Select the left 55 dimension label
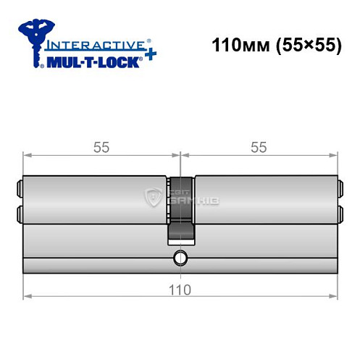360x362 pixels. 101,148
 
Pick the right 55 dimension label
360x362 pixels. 259,148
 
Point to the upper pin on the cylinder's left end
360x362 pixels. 18,193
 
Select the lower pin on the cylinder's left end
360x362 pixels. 18,214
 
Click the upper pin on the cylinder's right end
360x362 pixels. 340,193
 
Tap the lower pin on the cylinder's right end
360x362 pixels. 340,214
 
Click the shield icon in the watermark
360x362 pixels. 154,196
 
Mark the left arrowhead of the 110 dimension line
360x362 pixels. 28,295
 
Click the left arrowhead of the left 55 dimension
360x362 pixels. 28,155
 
